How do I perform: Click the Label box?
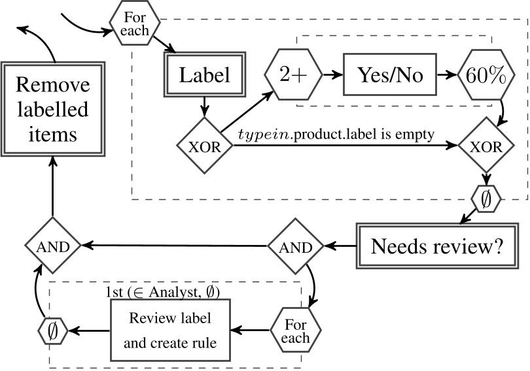coord(206,75)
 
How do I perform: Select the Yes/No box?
coord(390,75)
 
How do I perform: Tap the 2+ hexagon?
coord(292,75)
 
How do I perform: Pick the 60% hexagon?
coord(486,75)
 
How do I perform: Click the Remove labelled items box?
coord(52,109)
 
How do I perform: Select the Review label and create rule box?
coord(170,331)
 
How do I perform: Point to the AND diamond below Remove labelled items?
coord(52,246)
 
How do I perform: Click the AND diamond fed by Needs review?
coord(295,246)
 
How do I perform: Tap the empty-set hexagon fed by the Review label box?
coord(53,331)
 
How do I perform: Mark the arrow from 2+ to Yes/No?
coord(332,75)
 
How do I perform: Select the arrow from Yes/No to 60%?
coord(449,75)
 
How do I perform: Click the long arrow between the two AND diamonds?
coord(173,246)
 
